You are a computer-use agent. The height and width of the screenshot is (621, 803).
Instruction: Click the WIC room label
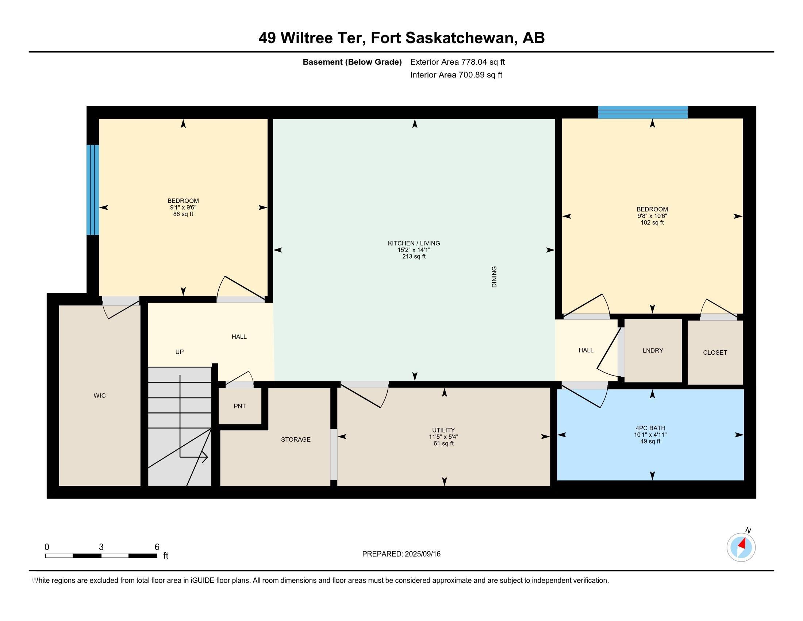[x=100, y=396]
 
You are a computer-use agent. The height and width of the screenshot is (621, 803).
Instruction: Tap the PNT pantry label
[x=240, y=406]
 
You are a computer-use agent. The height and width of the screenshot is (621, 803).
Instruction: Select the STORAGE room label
[x=296, y=439]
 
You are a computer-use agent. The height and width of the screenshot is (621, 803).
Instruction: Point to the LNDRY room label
[x=653, y=351]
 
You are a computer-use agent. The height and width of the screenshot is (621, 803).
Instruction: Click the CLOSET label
[x=715, y=353]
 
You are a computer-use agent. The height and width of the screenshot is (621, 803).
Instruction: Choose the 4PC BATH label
[x=650, y=428]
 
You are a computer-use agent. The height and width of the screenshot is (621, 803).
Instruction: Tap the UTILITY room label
[x=443, y=430]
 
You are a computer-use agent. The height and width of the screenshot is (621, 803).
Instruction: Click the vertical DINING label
[x=494, y=277]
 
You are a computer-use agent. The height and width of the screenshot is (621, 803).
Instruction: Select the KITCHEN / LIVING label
[x=414, y=243]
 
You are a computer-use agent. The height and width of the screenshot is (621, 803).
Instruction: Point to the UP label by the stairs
[x=180, y=352]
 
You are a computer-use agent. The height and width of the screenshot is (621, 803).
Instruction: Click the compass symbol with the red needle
[x=741, y=547]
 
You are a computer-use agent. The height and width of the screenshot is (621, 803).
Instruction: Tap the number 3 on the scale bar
[x=101, y=547]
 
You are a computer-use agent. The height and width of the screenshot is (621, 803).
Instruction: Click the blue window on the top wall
[x=643, y=112]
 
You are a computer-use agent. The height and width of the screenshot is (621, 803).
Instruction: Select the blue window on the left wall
[x=93, y=190]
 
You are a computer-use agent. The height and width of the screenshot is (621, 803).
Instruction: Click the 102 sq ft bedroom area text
[x=652, y=222]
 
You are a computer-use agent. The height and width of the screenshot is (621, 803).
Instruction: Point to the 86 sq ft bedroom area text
[x=183, y=214]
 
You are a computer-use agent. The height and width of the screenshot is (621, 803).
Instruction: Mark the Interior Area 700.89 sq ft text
[x=456, y=75]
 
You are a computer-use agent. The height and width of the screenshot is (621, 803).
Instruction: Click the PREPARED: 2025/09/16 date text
[x=401, y=554]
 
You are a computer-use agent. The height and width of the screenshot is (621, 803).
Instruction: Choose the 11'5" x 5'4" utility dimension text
[x=443, y=437]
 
